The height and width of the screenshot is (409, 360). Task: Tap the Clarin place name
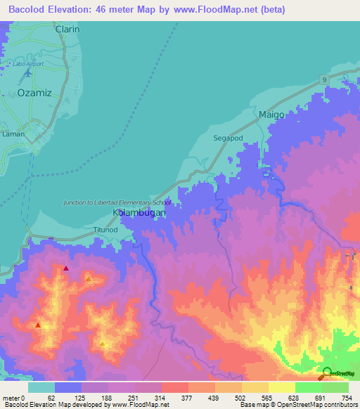[x=67, y=30]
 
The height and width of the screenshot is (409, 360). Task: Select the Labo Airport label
[x=28, y=64]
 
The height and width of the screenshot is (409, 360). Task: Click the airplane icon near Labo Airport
[x=28, y=72]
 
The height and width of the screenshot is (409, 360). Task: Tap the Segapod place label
[x=228, y=138]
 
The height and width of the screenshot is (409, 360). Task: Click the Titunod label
[x=106, y=230]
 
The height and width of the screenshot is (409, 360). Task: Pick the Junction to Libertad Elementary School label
[x=117, y=202]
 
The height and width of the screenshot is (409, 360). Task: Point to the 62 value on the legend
[x=51, y=398]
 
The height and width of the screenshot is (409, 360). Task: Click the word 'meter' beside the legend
[x=12, y=398]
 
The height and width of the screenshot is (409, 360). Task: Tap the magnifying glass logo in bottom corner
[x=327, y=373]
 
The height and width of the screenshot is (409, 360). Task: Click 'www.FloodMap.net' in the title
[x=215, y=9]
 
